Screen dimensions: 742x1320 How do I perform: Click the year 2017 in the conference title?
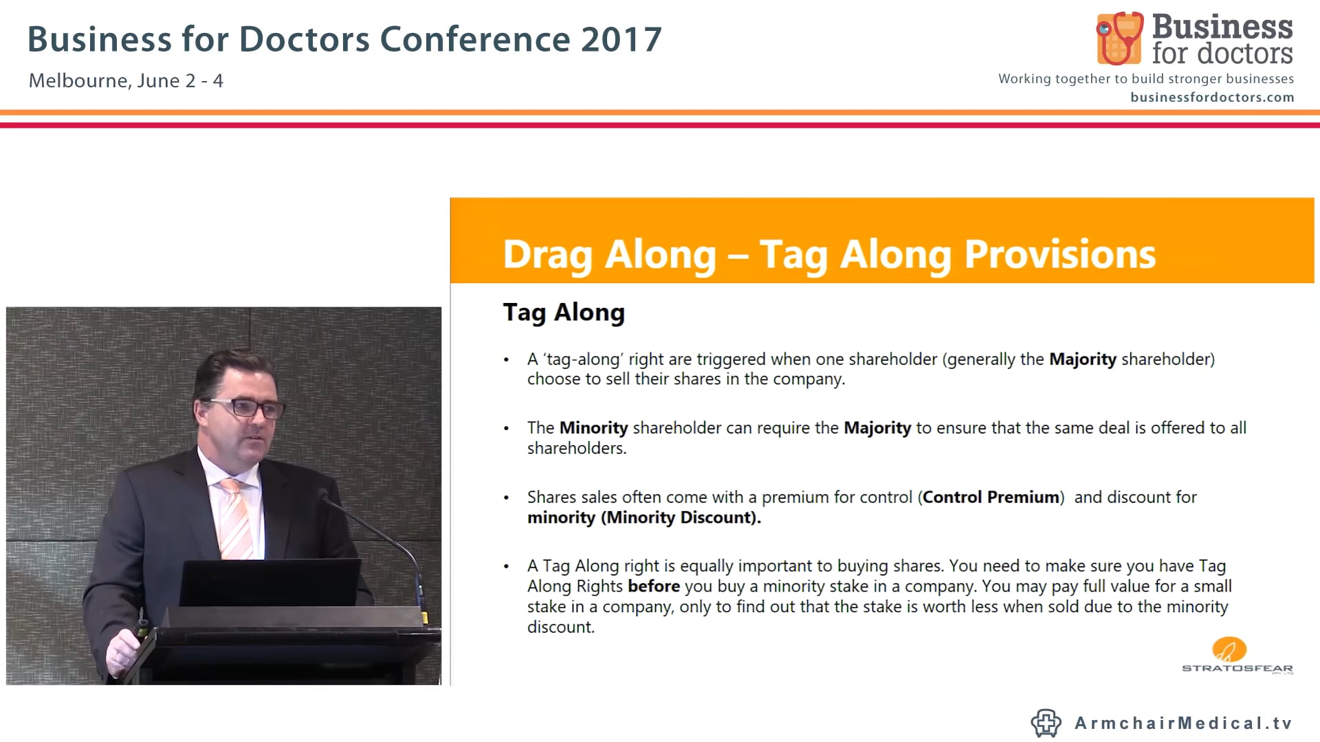pos(621,39)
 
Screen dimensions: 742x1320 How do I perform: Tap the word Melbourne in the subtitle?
pos(79,81)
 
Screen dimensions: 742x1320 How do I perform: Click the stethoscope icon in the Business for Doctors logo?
pos(1119,38)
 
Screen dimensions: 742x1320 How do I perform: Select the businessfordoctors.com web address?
pos(1211,98)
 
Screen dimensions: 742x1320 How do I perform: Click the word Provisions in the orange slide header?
pos(1059,254)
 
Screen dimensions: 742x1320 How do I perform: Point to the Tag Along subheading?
pos(564,313)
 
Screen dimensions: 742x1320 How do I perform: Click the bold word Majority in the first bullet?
pos(1082,359)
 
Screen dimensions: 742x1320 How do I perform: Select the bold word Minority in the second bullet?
pos(593,428)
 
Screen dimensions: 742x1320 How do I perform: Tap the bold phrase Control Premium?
pos(991,497)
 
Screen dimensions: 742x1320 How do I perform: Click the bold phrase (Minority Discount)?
pos(681,517)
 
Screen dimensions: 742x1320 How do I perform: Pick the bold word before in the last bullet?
pos(653,586)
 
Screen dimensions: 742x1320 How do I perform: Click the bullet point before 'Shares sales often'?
pos(507,497)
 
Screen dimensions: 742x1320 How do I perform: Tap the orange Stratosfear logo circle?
pos(1229,649)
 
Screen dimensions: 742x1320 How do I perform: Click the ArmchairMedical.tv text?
pos(1183,723)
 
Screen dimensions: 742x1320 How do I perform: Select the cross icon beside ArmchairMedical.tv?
pos(1046,723)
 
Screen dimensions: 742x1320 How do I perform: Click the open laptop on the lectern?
pos(270,583)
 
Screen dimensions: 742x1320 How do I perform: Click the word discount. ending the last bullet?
pos(560,627)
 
